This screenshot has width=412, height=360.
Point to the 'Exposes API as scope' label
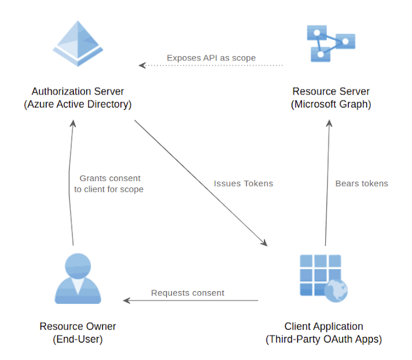(x=211, y=58)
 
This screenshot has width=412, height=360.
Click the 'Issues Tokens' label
(x=243, y=184)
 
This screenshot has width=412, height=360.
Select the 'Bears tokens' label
(x=362, y=184)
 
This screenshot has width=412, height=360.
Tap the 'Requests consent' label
(x=188, y=293)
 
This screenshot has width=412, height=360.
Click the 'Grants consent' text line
(x=109, y=178)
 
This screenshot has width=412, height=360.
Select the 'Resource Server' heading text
(x=331, y=91)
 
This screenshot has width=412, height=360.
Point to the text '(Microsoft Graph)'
(x=331, y=104)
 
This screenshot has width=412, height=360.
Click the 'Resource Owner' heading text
(x=78, y=327)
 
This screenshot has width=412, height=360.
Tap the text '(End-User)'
(x=78, y=339)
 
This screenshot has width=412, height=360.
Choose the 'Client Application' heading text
(x=324, y=327)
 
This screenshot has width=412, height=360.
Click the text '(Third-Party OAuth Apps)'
(x=324, y=339)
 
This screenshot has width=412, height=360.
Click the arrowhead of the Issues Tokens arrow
(x=264, y=243)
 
